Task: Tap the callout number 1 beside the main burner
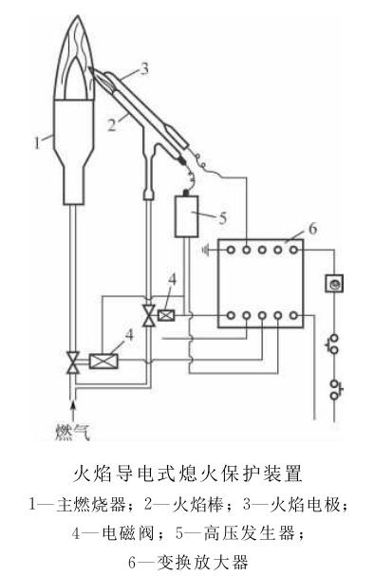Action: pos(36,141)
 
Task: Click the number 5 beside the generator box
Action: pos(222,216)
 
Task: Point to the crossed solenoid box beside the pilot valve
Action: pos(167,315)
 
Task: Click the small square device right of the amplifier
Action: pos(334,284)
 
